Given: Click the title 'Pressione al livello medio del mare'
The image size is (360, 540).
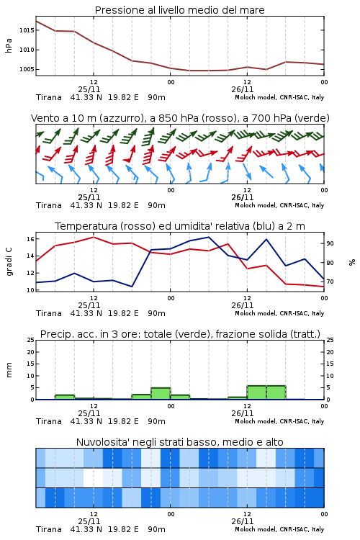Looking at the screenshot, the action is (179, 10).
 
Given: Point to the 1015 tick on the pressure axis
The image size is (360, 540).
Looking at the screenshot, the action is (27, 30).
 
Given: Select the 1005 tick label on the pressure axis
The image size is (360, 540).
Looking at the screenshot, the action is (27, 69).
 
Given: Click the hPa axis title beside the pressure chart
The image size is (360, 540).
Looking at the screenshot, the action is (9, 45).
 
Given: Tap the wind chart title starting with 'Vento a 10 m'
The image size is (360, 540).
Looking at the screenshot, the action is (180, 118).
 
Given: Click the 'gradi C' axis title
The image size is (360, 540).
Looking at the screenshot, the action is (9, 261).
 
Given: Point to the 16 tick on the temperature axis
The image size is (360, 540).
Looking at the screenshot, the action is (30, 238).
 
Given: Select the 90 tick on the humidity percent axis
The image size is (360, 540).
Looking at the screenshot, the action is (330, 243).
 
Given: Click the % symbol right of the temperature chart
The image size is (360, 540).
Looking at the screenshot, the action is (352, 262).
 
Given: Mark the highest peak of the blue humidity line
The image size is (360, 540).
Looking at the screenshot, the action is (209, 237).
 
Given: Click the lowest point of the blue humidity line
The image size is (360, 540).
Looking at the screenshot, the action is (132, 287).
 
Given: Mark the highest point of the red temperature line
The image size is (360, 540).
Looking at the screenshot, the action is (94, 237).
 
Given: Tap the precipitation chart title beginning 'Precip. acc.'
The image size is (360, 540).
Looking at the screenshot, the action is (180, 334).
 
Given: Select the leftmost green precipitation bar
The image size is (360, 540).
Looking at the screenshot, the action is (65, 397).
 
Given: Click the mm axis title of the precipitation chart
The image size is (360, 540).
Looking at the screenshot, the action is (9, 369).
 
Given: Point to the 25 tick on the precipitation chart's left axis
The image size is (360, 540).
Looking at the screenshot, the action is (30, 340).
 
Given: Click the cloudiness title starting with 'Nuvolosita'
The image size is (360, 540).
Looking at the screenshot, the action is (179, 442).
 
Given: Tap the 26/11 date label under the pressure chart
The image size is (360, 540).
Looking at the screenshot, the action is (243, 89).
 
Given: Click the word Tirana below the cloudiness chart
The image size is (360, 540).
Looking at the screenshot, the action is (49, 529).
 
